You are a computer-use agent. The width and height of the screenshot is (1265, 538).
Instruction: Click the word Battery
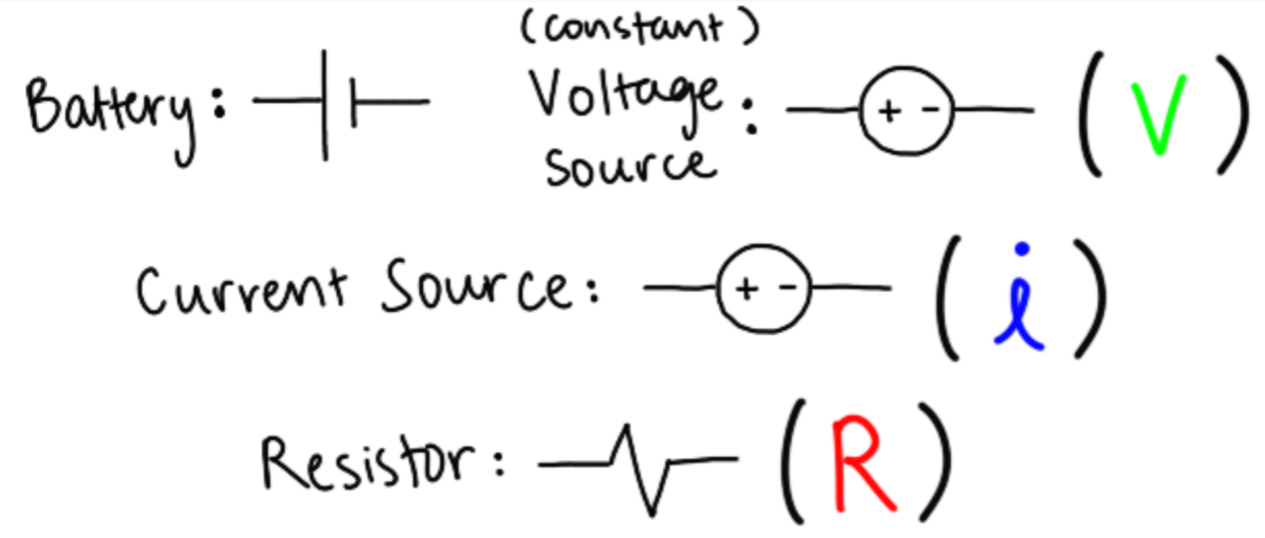tap(109, 112)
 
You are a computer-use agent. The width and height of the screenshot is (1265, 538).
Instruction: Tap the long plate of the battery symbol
tap(325, 104)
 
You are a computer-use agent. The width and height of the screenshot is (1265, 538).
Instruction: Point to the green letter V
tap(1159, 116)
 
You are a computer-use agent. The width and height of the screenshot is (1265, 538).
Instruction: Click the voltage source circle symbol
tap(907, 111)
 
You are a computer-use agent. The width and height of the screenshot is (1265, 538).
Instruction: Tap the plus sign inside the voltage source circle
tap(890, 111)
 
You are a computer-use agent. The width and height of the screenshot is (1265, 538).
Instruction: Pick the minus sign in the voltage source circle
tap(931, 110)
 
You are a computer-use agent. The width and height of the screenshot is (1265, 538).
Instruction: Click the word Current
tap(241, 291)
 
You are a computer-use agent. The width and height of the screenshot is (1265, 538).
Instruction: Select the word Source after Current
tap(476, 288)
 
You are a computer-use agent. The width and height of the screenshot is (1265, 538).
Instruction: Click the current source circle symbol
tap(763, 289)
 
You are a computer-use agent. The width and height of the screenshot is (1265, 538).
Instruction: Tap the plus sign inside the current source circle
tap(746, 289)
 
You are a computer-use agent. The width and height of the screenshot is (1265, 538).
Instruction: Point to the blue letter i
tap(1020, 297)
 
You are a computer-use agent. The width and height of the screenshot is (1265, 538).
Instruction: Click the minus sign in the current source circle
tap(787, 288)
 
